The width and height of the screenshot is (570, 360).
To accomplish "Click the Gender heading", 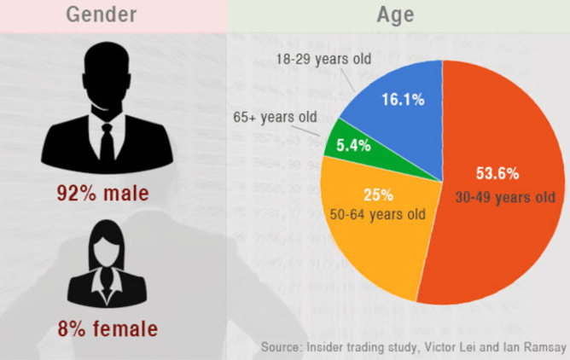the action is click(102, 15).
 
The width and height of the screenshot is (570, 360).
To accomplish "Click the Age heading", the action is click(396, 15).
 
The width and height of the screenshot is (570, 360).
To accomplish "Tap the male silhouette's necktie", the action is click(107, 143).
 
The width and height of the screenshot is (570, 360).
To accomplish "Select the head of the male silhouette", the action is click(107, 74).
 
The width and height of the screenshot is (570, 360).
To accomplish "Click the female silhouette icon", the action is click(107, 264).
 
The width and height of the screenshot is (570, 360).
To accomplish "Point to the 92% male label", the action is click(103, 193).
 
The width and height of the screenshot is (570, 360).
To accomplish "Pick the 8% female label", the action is click(108, 328).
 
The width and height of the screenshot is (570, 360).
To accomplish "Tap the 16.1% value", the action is click(403, 99).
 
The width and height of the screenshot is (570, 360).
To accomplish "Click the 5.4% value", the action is click(353, 145).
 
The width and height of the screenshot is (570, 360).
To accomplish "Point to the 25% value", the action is click(378, 195).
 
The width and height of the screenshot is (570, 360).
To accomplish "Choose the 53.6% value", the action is click(497, 173).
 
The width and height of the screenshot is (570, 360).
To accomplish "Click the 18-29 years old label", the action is click(323, 59).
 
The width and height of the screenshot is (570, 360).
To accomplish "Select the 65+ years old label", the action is click(275, 117).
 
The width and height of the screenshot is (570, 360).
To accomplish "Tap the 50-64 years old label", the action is click(378, 214).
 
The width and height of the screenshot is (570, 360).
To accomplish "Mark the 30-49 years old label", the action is click(505, 197).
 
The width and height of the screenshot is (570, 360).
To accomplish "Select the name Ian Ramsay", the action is click(535, 347).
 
